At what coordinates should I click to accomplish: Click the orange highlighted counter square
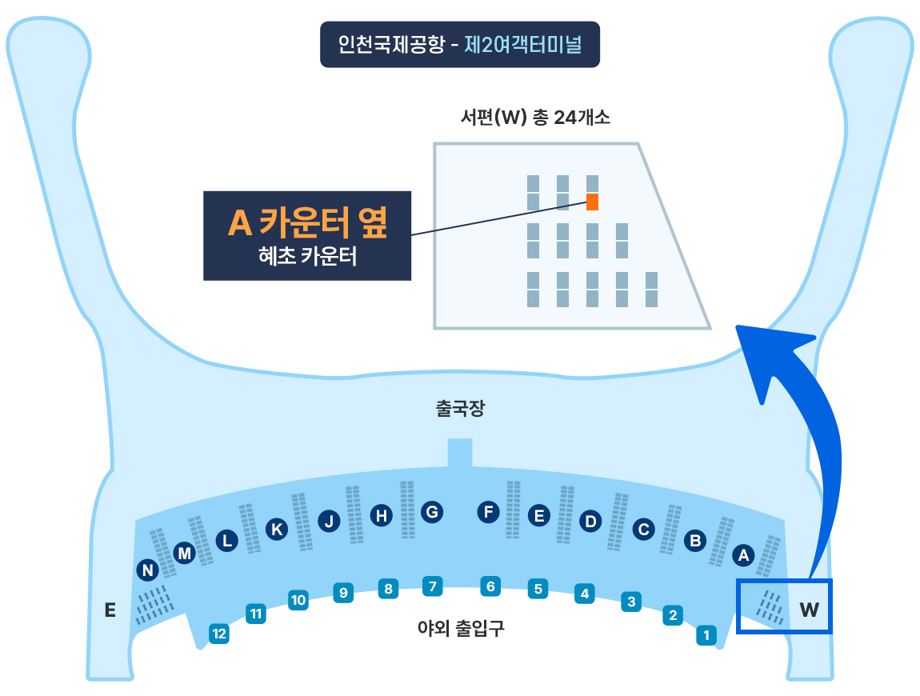(592, 202)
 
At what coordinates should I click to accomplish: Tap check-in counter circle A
(744, 554)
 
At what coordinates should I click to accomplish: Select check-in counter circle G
(432, 511)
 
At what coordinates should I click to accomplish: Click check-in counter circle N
(148, 570)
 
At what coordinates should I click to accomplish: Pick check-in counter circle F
(488, 511)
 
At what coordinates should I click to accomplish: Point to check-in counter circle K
(277, 529)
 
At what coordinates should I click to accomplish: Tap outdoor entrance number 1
(706, 635)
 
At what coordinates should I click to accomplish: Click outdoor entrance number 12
(218, 634)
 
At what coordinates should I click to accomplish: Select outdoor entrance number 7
(432, 586)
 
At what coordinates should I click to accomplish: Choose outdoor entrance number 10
(298, 599)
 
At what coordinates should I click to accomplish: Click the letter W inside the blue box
(810, 610)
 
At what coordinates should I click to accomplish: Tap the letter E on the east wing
(110, 610)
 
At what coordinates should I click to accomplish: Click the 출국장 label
(460, 410)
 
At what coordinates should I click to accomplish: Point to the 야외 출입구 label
(461, 629)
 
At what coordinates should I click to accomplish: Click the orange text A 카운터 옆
(307, 223)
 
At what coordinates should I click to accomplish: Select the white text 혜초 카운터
(307, 258)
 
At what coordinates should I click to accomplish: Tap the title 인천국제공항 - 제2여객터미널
(460, 44)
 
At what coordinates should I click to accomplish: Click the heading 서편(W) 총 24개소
(535, 118)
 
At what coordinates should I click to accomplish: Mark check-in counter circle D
(590, 522)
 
